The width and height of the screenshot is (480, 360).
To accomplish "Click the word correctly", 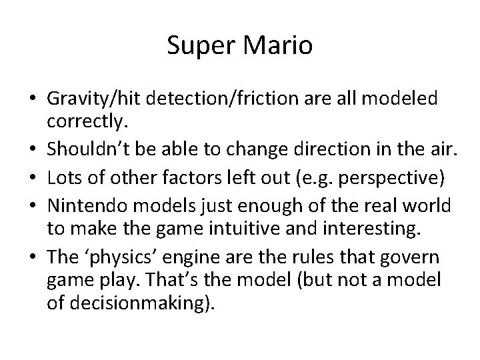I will (83, 123).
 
